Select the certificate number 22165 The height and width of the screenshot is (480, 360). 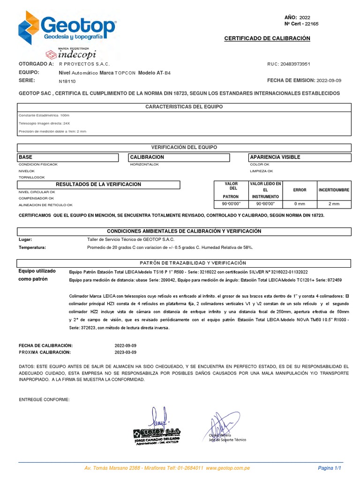pos(311,24)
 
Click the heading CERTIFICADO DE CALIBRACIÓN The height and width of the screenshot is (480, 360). pos(267,38)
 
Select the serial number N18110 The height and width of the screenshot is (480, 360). pos(67,81)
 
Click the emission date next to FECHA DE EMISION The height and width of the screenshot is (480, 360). pos(329,81)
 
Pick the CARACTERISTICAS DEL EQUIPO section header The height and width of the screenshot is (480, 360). pos(184,107)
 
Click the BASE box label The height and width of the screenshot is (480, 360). pos(26,157)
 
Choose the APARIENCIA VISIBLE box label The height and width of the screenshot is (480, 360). pos(275,157)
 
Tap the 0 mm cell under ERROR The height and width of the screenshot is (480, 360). pos(300,204)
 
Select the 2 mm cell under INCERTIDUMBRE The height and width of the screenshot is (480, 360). pos(334,204)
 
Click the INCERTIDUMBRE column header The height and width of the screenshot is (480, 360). pos(334,190)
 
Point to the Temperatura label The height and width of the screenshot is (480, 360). pos(32,247)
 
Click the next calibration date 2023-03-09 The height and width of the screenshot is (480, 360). pos(125,352)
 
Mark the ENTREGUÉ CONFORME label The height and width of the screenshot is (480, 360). pos(44,399)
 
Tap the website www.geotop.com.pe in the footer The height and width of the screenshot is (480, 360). pos(227,468)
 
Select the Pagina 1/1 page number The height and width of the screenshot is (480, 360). pos(329,468)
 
